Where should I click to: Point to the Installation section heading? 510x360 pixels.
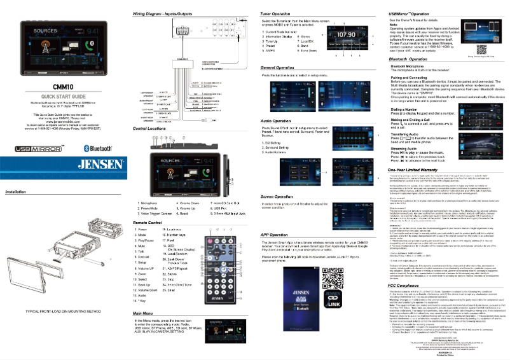(x=16, y=191)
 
